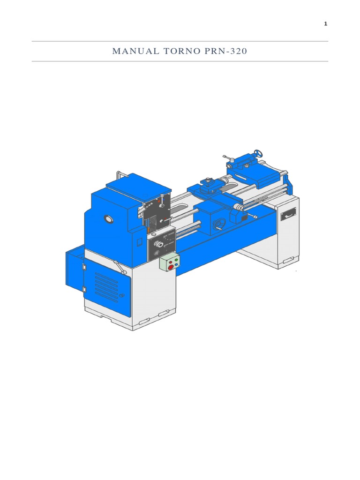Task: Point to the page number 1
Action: coord(325,24)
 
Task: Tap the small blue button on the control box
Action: coord(177,263)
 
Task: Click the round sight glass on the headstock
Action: coord(109,219)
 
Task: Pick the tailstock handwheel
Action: coord(257,153)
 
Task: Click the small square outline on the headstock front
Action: coord(139,241)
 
